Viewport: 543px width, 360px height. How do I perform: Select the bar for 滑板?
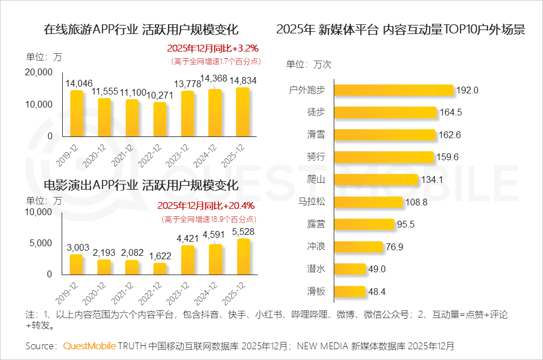pyautogui.click(x=350, y=292)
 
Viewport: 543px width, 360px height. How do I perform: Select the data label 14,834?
pyautogui.click(x=243, y=81)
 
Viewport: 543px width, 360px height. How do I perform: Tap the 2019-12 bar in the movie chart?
pyautogui.click(x=76, y=265)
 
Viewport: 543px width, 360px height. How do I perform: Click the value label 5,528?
pyautogui.click(x=243, y=233)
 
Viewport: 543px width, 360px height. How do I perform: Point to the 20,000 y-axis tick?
pyautogui.click(x=38, y=72)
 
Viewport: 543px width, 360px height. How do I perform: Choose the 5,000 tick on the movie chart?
pyautogui.click(x=41, y=243)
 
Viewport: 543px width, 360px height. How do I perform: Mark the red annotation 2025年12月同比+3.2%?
pyautogui.click(x=213, y=49)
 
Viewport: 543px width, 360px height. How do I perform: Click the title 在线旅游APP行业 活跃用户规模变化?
pyautogui.click(x=141, y=30)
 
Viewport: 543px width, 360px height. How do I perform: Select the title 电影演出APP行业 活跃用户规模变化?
pyautogui.click(x=141, y=185)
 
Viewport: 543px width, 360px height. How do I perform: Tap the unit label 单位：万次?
pyautogui.click(x=309, y=64)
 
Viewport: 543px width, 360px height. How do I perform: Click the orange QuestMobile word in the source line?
pyautogui.click(x=89, y=345)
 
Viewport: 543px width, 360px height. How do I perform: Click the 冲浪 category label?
pyautogui.click(x=315, y=247)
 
